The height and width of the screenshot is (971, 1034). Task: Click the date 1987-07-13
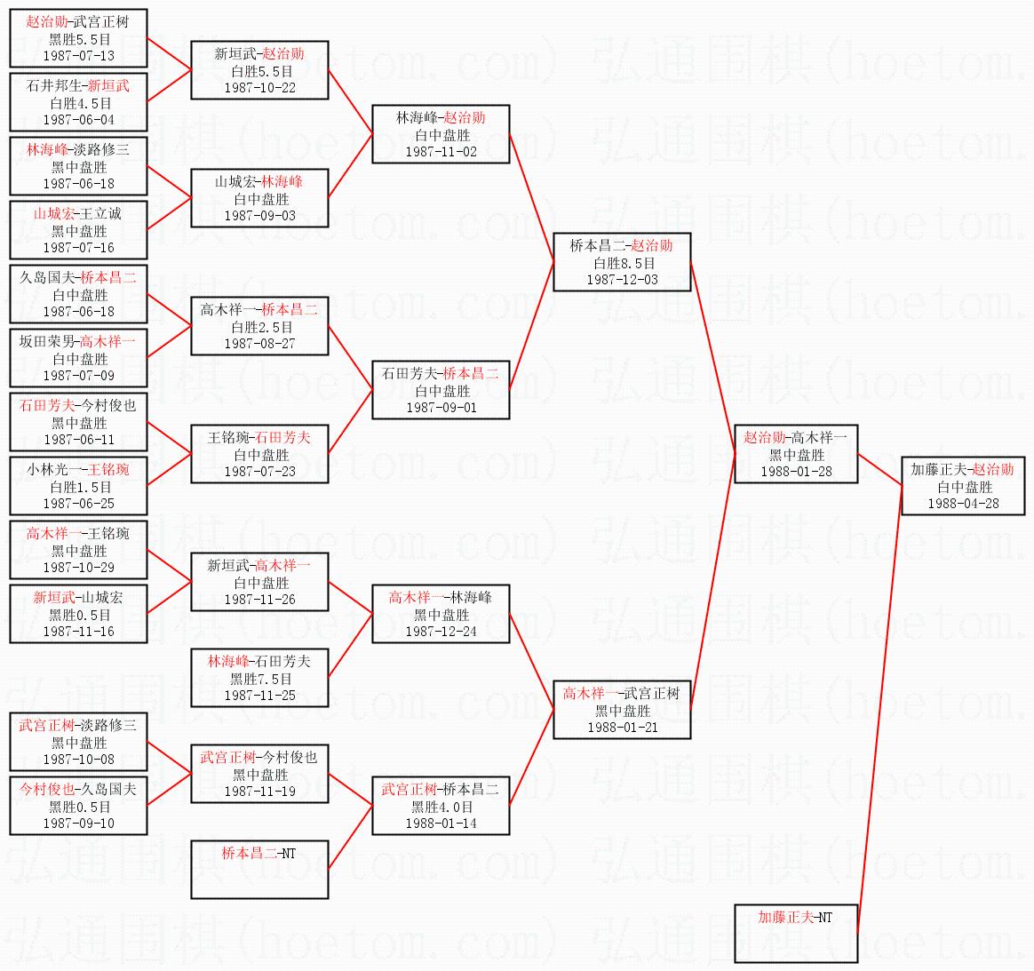tap(78, 56)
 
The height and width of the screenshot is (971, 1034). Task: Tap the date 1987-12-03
tap(622, 280)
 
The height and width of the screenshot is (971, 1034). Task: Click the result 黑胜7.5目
tap(260, 679)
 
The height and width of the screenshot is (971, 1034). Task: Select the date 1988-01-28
tap(796, 472)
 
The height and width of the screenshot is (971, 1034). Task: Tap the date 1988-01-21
tap(622, 728)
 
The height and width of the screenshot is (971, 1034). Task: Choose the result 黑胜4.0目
tap(441, 807)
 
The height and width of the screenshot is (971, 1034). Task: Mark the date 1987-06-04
tap(78, 120)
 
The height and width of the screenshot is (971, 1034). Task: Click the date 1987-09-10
tap(78, 824)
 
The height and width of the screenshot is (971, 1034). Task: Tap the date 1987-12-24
tap(441, 632)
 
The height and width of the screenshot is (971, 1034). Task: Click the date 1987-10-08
tap(78, 760)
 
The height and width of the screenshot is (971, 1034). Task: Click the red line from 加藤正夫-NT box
tap(879, 709)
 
